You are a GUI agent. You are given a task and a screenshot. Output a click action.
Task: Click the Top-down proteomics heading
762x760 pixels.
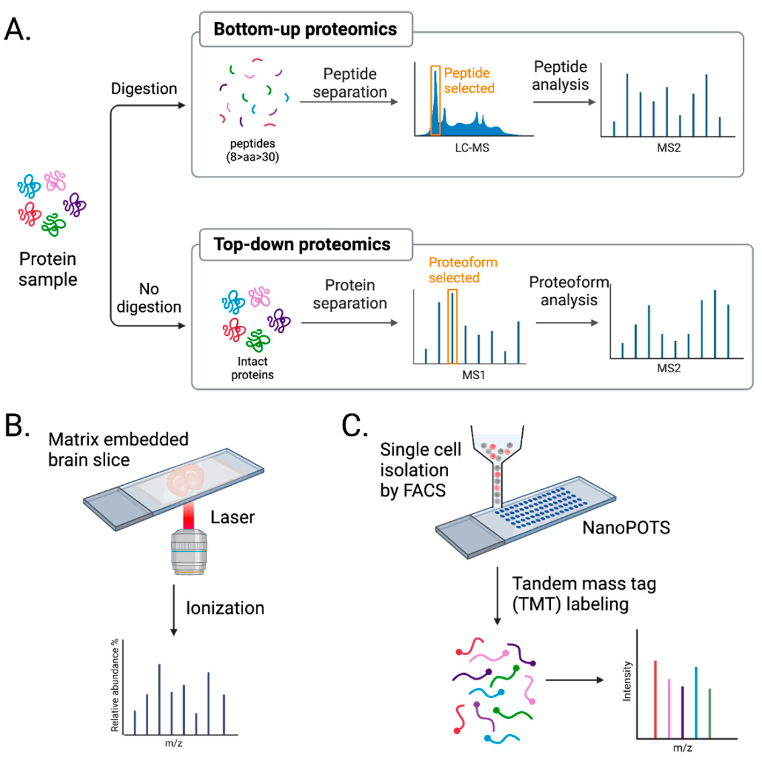[302, 244]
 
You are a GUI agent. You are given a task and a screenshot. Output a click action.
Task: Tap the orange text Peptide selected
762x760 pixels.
[469, 80]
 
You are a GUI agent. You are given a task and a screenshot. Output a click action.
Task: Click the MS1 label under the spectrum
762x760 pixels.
[473, 375]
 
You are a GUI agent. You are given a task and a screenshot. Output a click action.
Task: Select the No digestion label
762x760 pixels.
[149, 298]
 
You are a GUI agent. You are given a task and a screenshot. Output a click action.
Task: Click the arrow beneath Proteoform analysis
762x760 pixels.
[567, 323]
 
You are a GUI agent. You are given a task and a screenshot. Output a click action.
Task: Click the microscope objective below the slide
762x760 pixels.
[189, 551]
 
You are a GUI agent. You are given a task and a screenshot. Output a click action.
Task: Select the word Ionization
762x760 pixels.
[225, 608]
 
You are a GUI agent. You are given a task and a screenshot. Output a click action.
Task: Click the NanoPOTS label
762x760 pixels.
[626, 528]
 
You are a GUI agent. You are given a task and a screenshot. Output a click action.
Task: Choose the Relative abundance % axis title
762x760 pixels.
[115, 685]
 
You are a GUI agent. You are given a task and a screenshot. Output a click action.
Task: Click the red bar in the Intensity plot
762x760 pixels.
[655, 699]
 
